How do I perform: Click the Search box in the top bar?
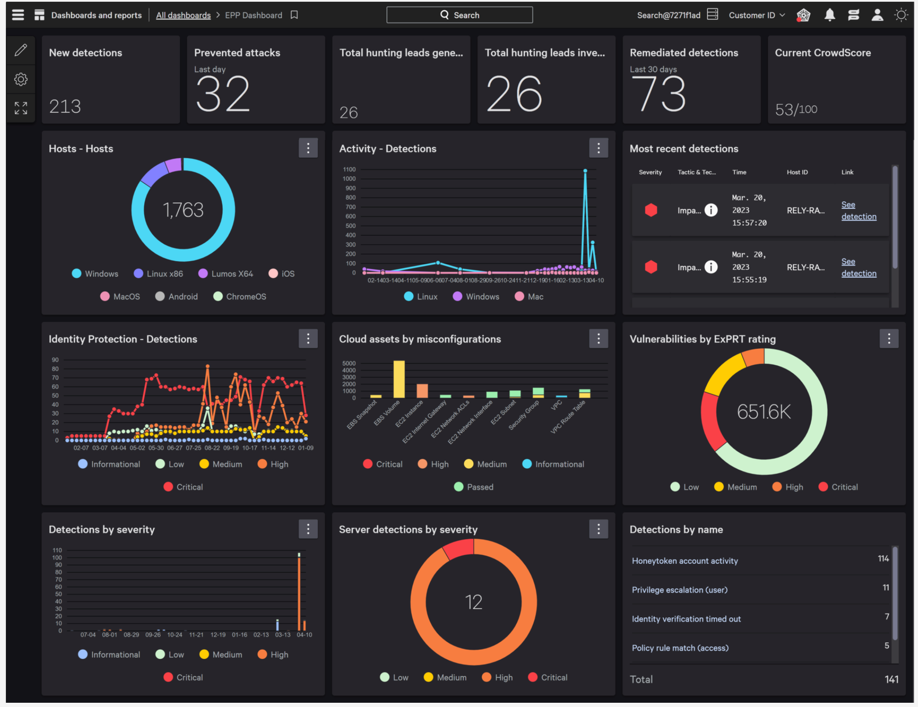(459, 15)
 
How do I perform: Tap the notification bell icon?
(830, 15)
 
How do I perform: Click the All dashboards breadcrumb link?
(183, 15)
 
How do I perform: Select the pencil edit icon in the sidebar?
(21, 50)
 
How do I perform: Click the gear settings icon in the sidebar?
(21, 79)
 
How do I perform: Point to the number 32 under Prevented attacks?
(223, 94)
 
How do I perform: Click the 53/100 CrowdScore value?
(796, 109)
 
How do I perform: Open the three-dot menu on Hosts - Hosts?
(308, 148)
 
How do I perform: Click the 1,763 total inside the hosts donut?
(183, 210)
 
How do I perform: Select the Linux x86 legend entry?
(159, 273)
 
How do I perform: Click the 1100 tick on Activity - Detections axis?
(349, 169)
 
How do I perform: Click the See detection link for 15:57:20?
(858, 210)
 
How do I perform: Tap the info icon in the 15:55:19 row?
(711, 267)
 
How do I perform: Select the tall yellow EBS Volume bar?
(399, 379)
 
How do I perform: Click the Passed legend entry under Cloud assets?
(473, 487)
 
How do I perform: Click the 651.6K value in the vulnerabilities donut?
(764, 412)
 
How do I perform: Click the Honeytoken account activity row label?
(685, 561)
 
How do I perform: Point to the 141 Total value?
(891, 679)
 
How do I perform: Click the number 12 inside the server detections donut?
(473, 602)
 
